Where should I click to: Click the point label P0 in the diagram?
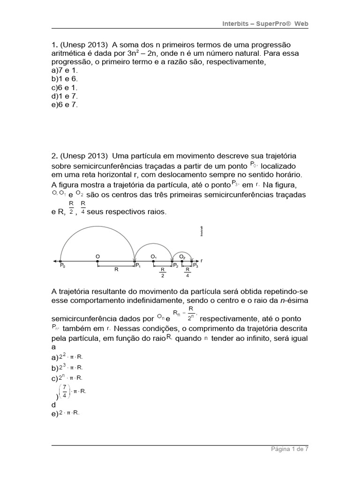[62, 266]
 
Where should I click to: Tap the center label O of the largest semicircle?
[97, 256]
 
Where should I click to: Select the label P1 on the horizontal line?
[138, 266]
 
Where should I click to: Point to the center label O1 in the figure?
[153, 256]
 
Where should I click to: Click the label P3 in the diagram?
[195, 266]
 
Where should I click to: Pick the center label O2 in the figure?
[183, 256]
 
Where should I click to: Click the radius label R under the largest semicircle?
[116, 270]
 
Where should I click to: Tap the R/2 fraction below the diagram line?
[163, 273]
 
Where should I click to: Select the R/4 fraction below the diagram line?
[187, 273]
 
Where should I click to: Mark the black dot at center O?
[97, 261]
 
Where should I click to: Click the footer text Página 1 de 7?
[290, 449]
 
